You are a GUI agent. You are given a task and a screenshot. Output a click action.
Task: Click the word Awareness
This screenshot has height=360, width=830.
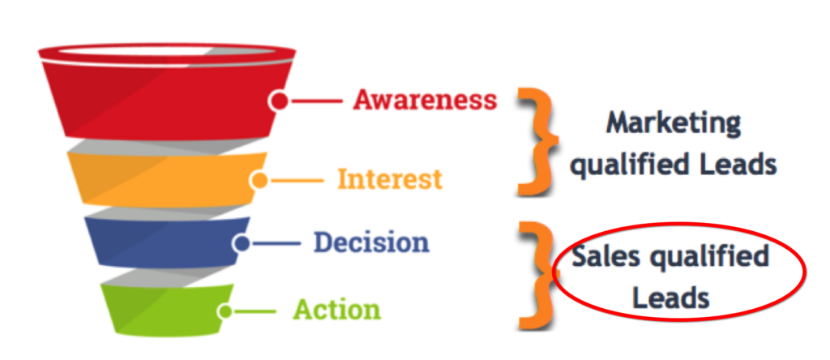pos(425,99)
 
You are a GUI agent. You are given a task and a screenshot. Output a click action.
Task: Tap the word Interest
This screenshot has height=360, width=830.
pos(390,179)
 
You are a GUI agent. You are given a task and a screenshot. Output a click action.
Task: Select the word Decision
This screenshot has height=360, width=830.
pos(371,242)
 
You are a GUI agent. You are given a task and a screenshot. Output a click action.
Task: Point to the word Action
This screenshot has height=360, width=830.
pos(336,310)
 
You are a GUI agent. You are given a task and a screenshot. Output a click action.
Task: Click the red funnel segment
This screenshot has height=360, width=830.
pos(167,98)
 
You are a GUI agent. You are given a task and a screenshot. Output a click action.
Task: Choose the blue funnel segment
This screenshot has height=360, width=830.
pos(167,242)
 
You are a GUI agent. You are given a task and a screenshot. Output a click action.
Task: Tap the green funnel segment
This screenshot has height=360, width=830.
pos(167,310)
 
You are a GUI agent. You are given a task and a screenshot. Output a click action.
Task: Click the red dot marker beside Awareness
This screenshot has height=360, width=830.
pos(279,101)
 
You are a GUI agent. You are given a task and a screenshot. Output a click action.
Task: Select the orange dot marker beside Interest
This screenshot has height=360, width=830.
pos(259,181)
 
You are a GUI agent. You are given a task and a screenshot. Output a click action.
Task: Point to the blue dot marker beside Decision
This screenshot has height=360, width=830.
pos(242,244)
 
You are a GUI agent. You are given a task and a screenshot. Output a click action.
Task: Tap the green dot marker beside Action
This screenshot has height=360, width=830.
pos(226,311)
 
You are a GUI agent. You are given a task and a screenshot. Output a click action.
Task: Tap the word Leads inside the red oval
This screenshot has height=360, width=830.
pos(671,298)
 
